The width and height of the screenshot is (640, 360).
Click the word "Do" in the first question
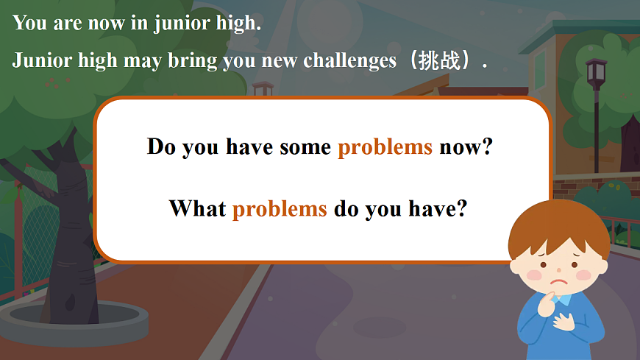coord(161,146)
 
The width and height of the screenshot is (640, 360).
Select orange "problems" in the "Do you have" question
coord(385,147)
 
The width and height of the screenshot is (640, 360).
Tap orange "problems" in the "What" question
coord(280,208)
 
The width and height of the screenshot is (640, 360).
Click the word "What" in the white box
coord(197,208)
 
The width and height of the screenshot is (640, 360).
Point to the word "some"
coord(305,147)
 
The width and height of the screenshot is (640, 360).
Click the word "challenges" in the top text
coord(349,60)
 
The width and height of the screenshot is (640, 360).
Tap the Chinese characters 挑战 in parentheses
coord(439,60)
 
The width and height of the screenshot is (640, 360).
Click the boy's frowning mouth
coord(559,280)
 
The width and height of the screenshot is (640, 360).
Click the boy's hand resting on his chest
coord(568,324)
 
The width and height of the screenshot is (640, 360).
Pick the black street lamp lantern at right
coord(596,74)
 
